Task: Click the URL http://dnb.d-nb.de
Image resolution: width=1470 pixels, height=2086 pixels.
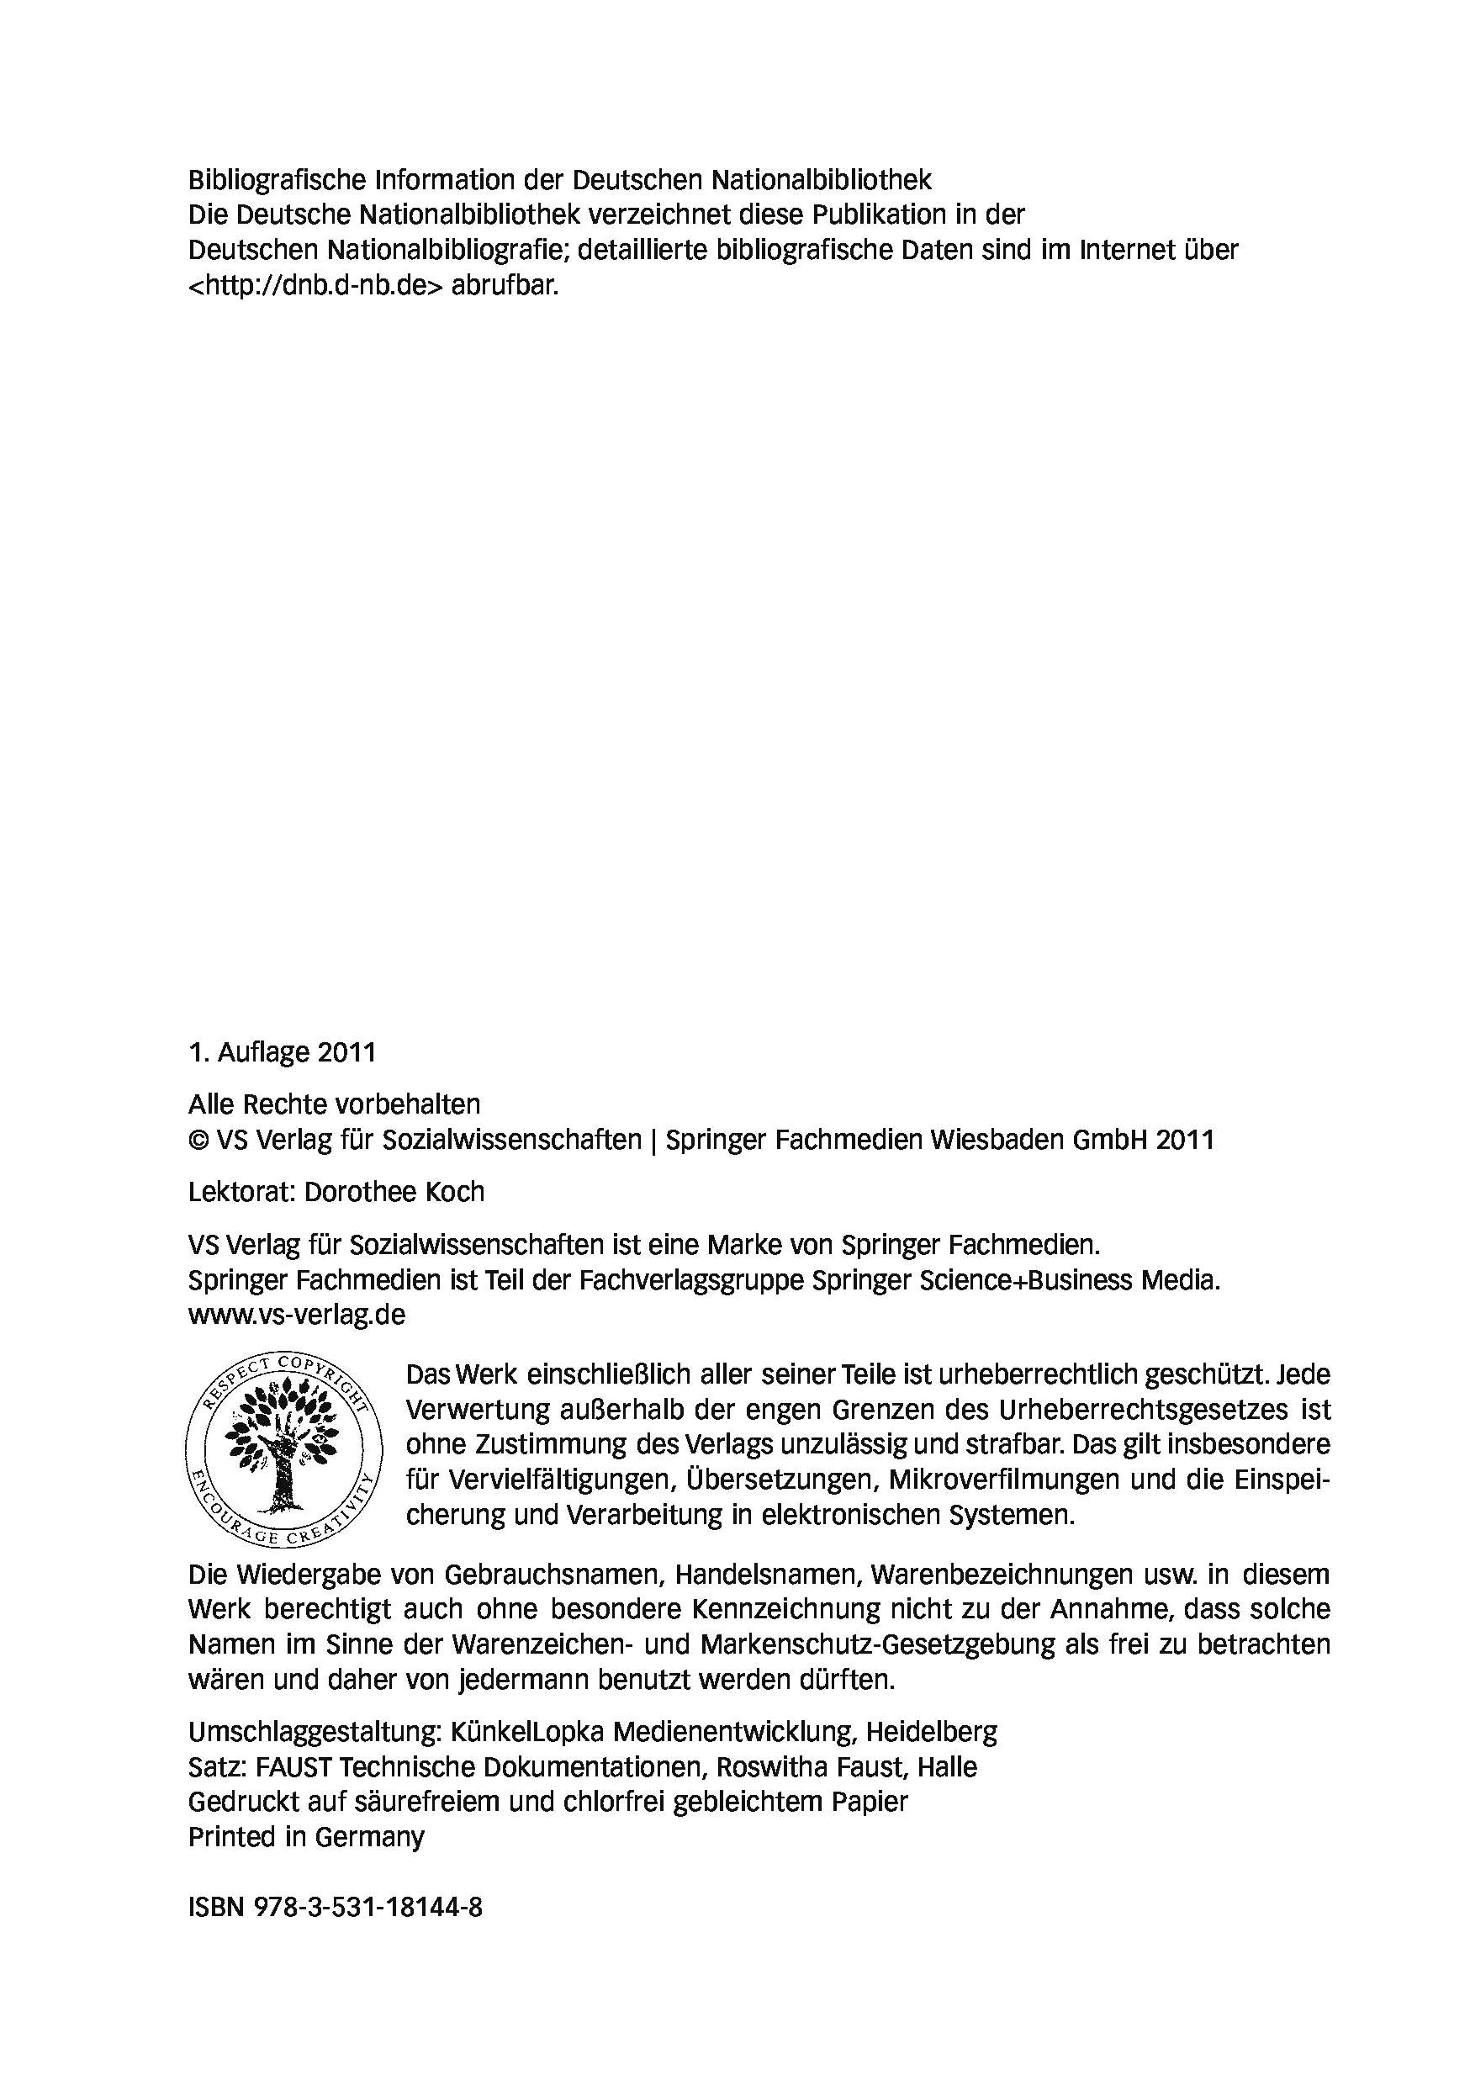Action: (x=315, y=285)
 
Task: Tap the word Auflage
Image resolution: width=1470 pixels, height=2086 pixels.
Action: (x=262, y=1052)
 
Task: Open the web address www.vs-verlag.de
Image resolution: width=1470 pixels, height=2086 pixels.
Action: (x=296, y=1315)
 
